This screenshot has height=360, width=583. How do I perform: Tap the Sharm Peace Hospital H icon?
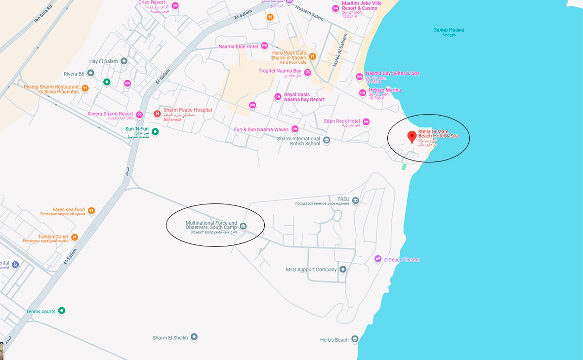pos(158,114)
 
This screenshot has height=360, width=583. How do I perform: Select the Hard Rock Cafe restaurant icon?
pos(312,56)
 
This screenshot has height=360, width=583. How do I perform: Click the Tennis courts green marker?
pos(62,311)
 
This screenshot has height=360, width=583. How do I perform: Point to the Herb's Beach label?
pos(334,340)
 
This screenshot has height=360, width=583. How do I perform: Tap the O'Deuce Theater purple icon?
pos(378,259)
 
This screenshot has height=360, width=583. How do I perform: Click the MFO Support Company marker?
pos(343,269)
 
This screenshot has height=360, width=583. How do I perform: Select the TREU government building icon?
pos(356,200)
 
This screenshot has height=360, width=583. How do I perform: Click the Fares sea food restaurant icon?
pos(91,211)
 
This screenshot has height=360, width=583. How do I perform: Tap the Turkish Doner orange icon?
pos(74,238)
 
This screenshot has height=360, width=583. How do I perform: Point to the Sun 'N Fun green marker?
pos(155,131)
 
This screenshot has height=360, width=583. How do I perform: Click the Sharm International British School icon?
pos(326,140)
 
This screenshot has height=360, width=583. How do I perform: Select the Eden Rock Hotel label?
pos(341,121)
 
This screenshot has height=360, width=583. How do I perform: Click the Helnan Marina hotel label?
pos(384,90)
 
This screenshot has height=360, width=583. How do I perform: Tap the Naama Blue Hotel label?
pos(238,46)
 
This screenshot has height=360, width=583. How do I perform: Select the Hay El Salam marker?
pos(124,61)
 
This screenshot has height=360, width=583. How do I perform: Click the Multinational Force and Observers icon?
pos(243,226)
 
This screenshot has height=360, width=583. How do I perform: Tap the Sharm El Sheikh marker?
pos(194,337)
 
